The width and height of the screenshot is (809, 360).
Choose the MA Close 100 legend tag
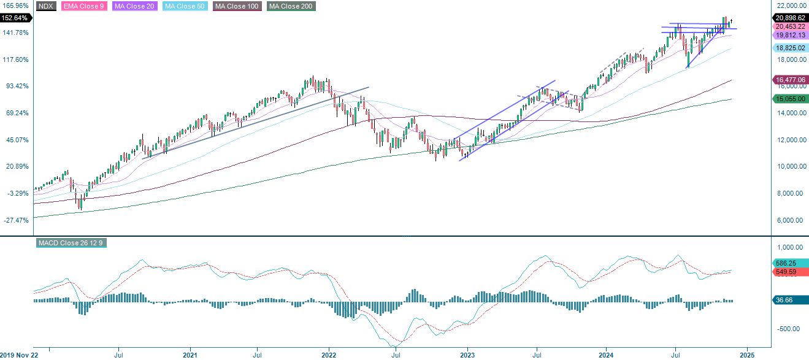(237, 6)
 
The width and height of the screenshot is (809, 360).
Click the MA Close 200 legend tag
(291, 6)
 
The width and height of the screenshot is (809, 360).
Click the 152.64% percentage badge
(15, 18)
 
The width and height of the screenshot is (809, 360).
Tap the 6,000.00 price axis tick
(790, 220)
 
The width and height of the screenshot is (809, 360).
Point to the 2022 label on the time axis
(329, 354)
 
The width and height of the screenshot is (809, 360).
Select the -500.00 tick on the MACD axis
(790, 329)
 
